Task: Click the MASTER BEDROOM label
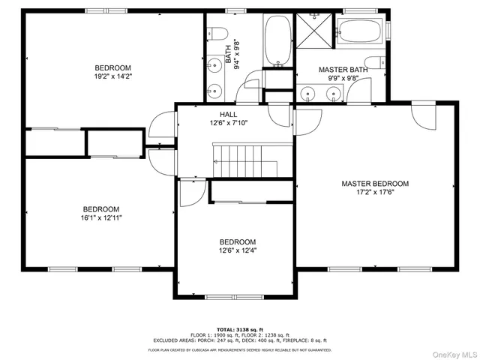tap(375, 183)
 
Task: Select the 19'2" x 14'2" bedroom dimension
tap(112, 76)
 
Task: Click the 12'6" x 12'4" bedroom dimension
tap(237, 250)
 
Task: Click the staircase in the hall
tap(244, 160)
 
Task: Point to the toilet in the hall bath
tap(218, 33)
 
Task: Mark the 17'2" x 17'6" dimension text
tap(375, 192)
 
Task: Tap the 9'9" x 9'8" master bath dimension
tap(342, 77)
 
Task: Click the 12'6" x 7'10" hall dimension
tap(229, 124)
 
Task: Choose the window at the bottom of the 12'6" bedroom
tap(236, 297)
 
